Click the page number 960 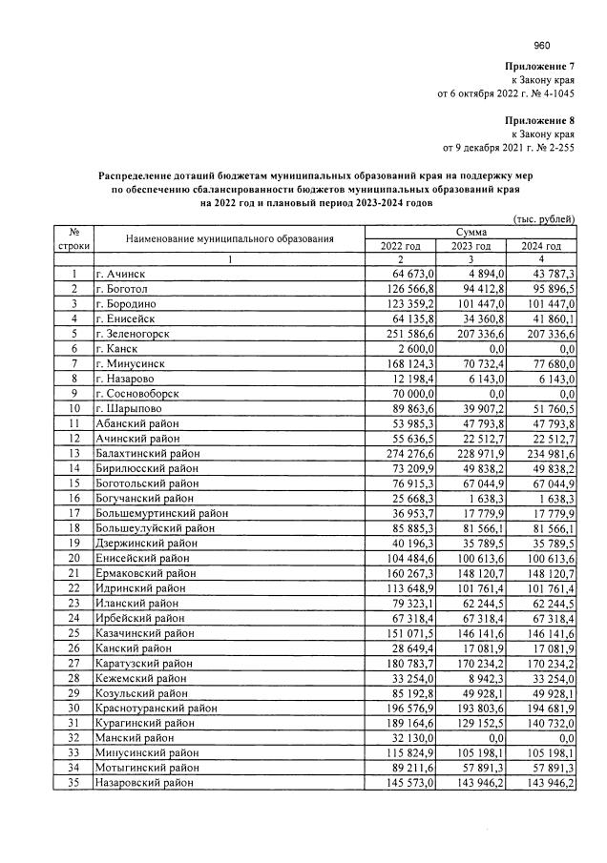[543, 44]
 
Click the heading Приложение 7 [540, 66]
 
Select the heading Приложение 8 [540, 121]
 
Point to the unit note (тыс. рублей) [545, 218]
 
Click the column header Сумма [471, 232]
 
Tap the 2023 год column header [471, 246]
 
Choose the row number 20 [73, 559]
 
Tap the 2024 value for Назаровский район [549, 782]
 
